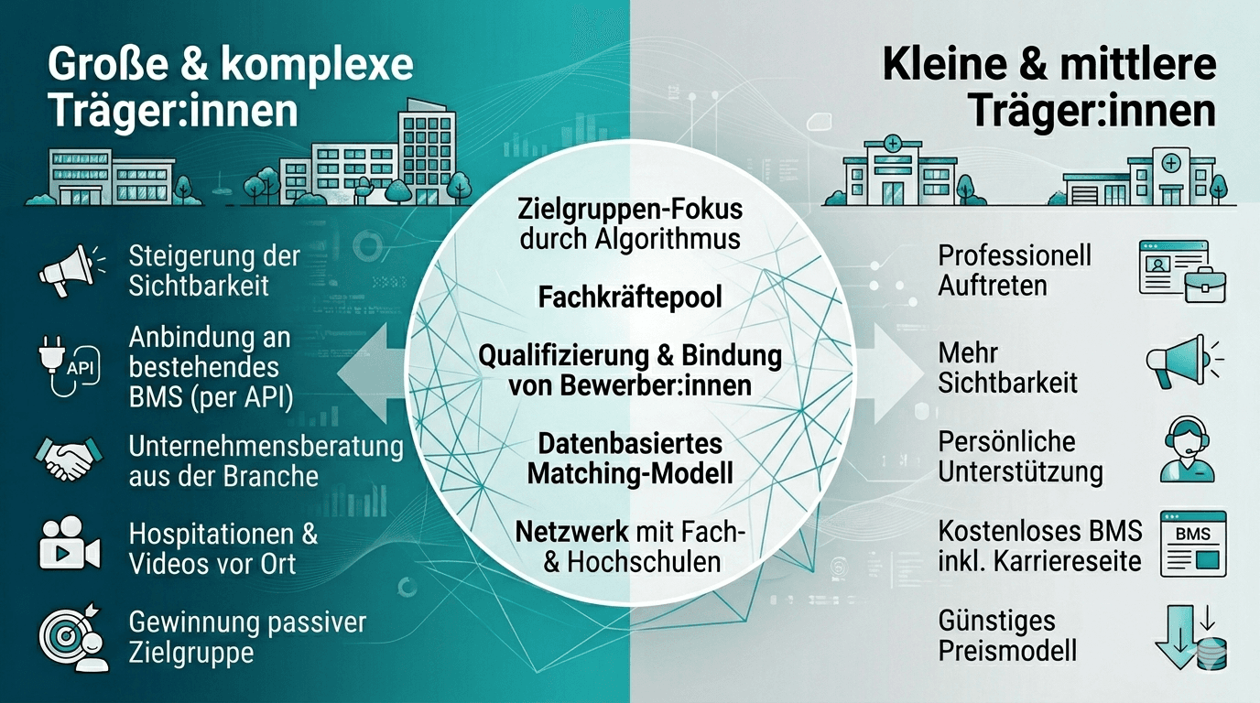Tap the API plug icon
click(x=70, y=366)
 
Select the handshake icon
click(x=70, y=459)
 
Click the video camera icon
click(x=70, y=544)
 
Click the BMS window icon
click(x=1193, y=544)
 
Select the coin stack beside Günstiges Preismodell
click(x=1211, y=654)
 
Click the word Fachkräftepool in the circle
click(x=630, y=297)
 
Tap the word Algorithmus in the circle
click(x=668, y=240)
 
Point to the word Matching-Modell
click(x=630, y=473)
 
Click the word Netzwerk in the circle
click(x=571, y=532)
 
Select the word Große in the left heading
click(x=108, y=65)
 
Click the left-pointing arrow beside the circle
click(x=371, y=373)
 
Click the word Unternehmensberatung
click(x=266, y=447)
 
